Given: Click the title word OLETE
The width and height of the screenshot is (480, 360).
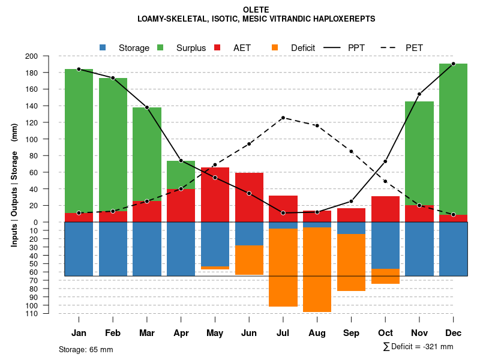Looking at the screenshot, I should (x=256, y=10).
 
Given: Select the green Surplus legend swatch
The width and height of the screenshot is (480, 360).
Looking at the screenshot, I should (x=160, y=47).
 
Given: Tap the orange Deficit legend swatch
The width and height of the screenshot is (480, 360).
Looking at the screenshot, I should (x=275, y=47).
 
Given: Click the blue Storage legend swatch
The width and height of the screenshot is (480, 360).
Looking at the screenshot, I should (x=103, y=47).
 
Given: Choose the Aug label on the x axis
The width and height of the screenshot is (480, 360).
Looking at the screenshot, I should (x=317, y=333).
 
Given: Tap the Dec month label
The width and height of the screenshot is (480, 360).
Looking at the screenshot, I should (x=453, y=333).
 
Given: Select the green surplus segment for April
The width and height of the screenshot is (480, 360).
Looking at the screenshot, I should (x=181, y=175).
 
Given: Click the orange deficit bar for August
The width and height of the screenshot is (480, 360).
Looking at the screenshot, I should (x=317, y=270).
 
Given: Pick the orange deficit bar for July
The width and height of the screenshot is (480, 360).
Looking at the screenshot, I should (x=283, y=268).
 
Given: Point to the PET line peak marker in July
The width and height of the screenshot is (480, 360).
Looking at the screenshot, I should (x=283, y=118).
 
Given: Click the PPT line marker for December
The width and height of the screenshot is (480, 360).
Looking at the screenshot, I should (x=453, y=64).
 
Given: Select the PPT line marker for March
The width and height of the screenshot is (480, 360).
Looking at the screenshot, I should (x=147, y=107).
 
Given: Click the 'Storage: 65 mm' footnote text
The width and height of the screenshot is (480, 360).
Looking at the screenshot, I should (x=86, y=349).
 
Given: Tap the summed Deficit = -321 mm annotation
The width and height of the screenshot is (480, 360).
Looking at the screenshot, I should (x=418, y=347).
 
